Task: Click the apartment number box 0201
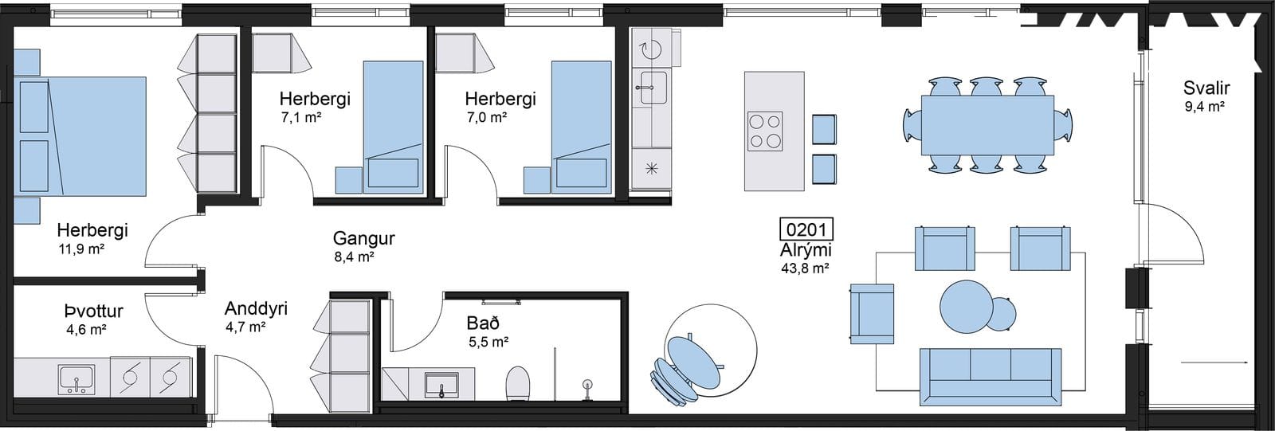pyautogui.click(x=806, y=229)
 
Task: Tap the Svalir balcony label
pyautogui.click(x=1206, y=88)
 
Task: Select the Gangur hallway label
pyautogui.click(x=363, y=238)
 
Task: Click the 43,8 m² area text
pyautogui.click(x=805, y=268)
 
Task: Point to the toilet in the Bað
pyautogui.click(x=518, y=382)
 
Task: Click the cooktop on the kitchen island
pyautogui.click(x=765, y=131)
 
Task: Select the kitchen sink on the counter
pyautogui.click(x=653, y=88)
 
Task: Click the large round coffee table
pyautogui.click(x=966, y=304)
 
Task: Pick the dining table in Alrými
pyautogui.click(x=987, y=125)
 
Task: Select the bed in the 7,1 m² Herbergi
pyautogui.click(x=394, y=127)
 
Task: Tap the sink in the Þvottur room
pyautogui.click(x=76, y=379)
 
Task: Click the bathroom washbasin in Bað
pyautogui.click(x=441, y=385)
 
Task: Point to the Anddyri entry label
pyautogui.click(x=256, y=308)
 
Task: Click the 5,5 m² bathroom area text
pyautogui.click(x=488, y=342)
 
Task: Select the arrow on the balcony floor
pyautogui.click(x=1214, y=362)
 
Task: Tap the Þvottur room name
pyautogui.click(x=94, y=311)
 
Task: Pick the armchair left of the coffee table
pyautogui.click(x=872, y=314)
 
